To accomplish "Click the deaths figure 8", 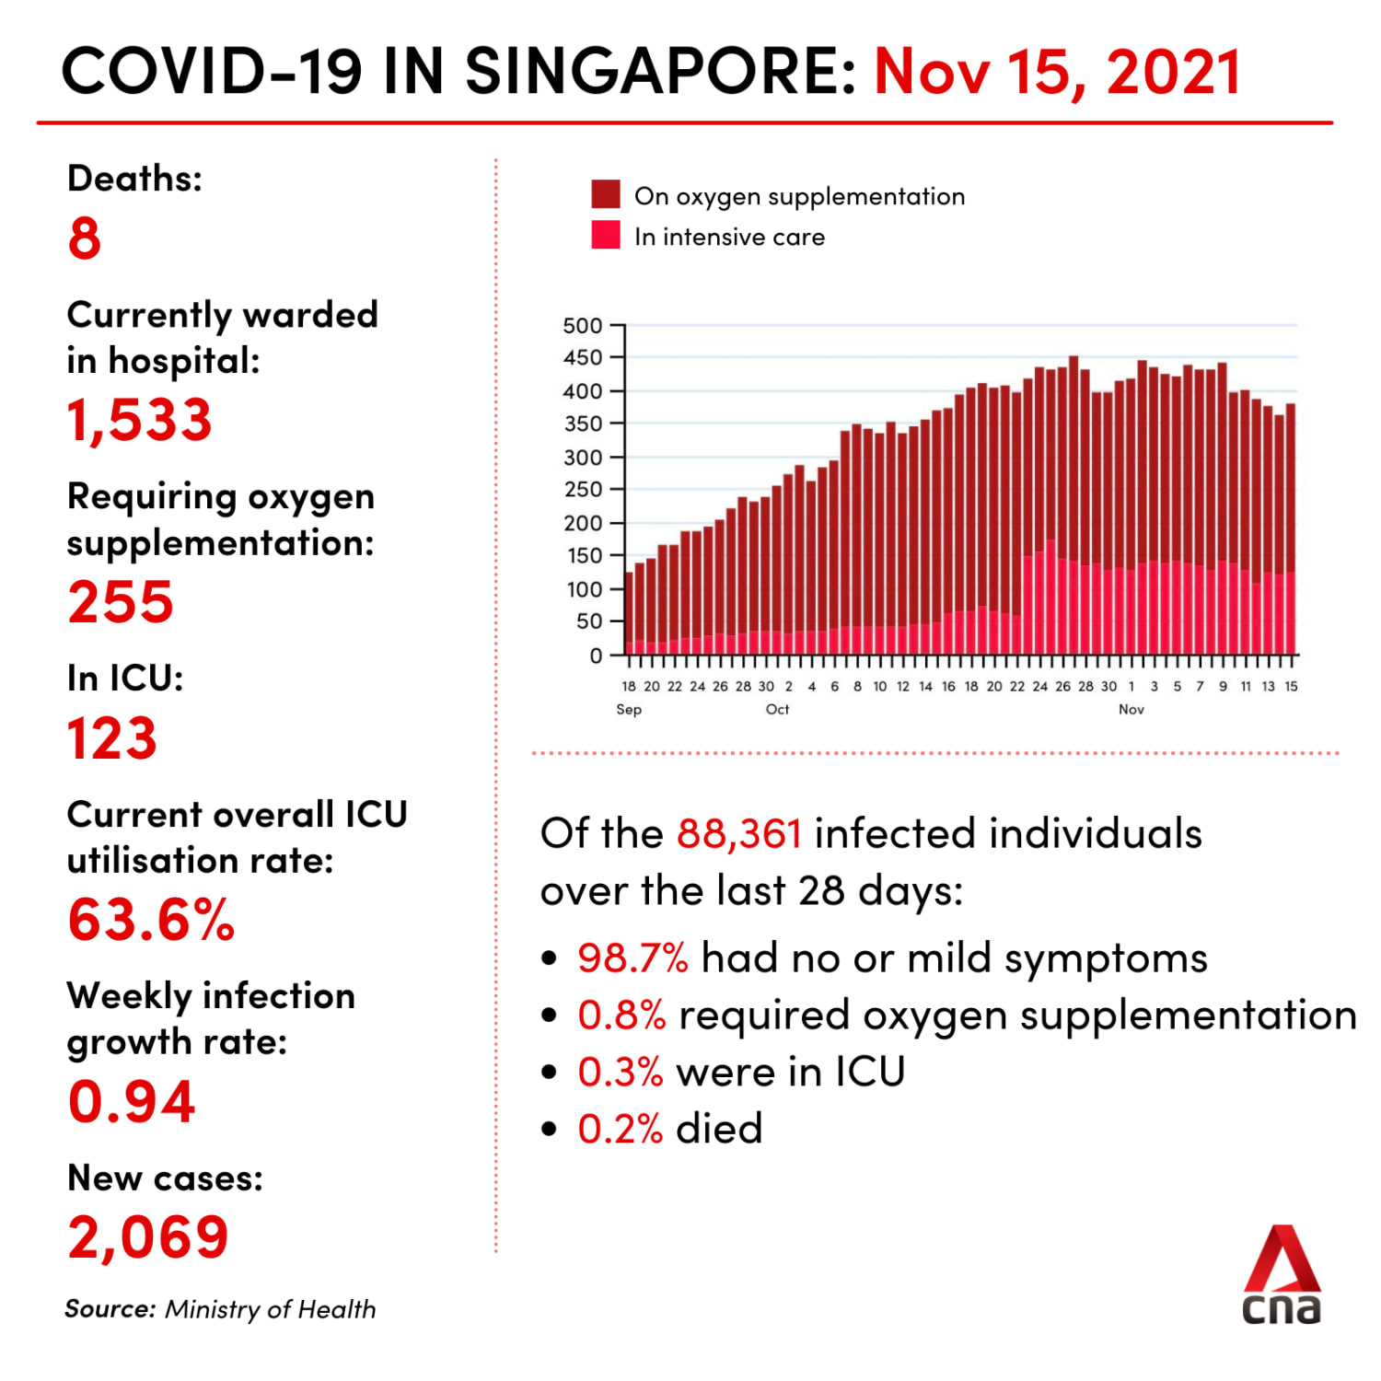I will pos(84,238).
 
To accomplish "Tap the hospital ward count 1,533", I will pos(139,420).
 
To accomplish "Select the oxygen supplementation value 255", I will pos(121,602).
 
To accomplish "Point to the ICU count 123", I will pos(112,738).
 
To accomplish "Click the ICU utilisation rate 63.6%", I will pos(151,920).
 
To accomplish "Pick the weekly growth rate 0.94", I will pos(132,1101).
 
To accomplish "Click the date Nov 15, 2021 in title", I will pos(1057,72).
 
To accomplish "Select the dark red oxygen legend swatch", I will pos(606,194).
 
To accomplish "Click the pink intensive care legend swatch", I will pos(606,235).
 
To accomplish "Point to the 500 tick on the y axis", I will pos(583,326).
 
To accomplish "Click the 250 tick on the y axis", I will pos(583,490).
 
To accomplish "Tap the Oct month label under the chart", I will pos(777,709).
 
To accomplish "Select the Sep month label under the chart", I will pos(629,709).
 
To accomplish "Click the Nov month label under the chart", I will pos(1131,709).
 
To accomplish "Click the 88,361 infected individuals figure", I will pos(738,834).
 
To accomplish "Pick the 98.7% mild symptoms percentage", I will pos(632,958).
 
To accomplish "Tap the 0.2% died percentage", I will pos(620,1129).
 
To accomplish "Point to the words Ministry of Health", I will pos(270,1309).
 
